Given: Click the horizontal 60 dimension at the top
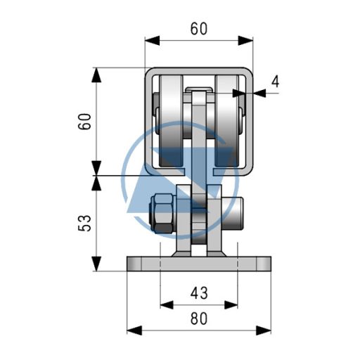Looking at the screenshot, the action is pos(199,29).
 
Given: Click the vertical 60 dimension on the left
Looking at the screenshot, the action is pos(84,121).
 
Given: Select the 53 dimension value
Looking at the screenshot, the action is pos(84,223).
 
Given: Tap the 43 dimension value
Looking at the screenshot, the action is pos(199,293).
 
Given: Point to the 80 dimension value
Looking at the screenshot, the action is pos(199,319).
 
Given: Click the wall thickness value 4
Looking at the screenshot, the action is pos(276,82).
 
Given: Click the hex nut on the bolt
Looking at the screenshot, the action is pos(162,213).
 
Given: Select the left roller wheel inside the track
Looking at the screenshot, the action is pos(171,121).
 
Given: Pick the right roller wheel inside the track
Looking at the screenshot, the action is pos(227,121).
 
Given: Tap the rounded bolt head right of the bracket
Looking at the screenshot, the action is pos(232,213).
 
